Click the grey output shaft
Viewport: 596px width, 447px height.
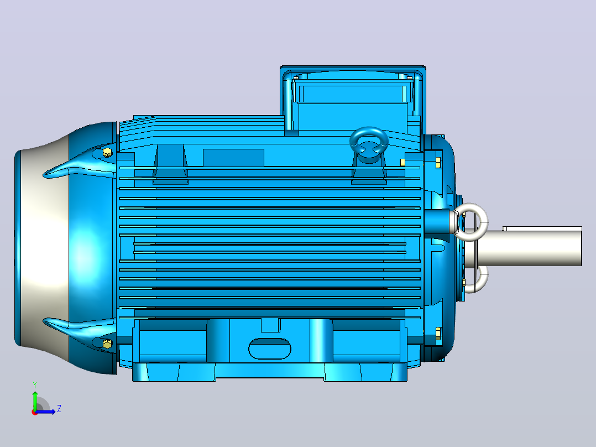point(529,248)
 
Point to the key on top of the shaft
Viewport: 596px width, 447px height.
point(542,228)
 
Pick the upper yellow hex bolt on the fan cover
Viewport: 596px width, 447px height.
point(108,153)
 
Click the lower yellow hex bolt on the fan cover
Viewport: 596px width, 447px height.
point(108,344)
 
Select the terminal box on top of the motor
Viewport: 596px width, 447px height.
point(353,100)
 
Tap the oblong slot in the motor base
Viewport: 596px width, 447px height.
point(270,349)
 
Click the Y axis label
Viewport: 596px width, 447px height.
point(35,385)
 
